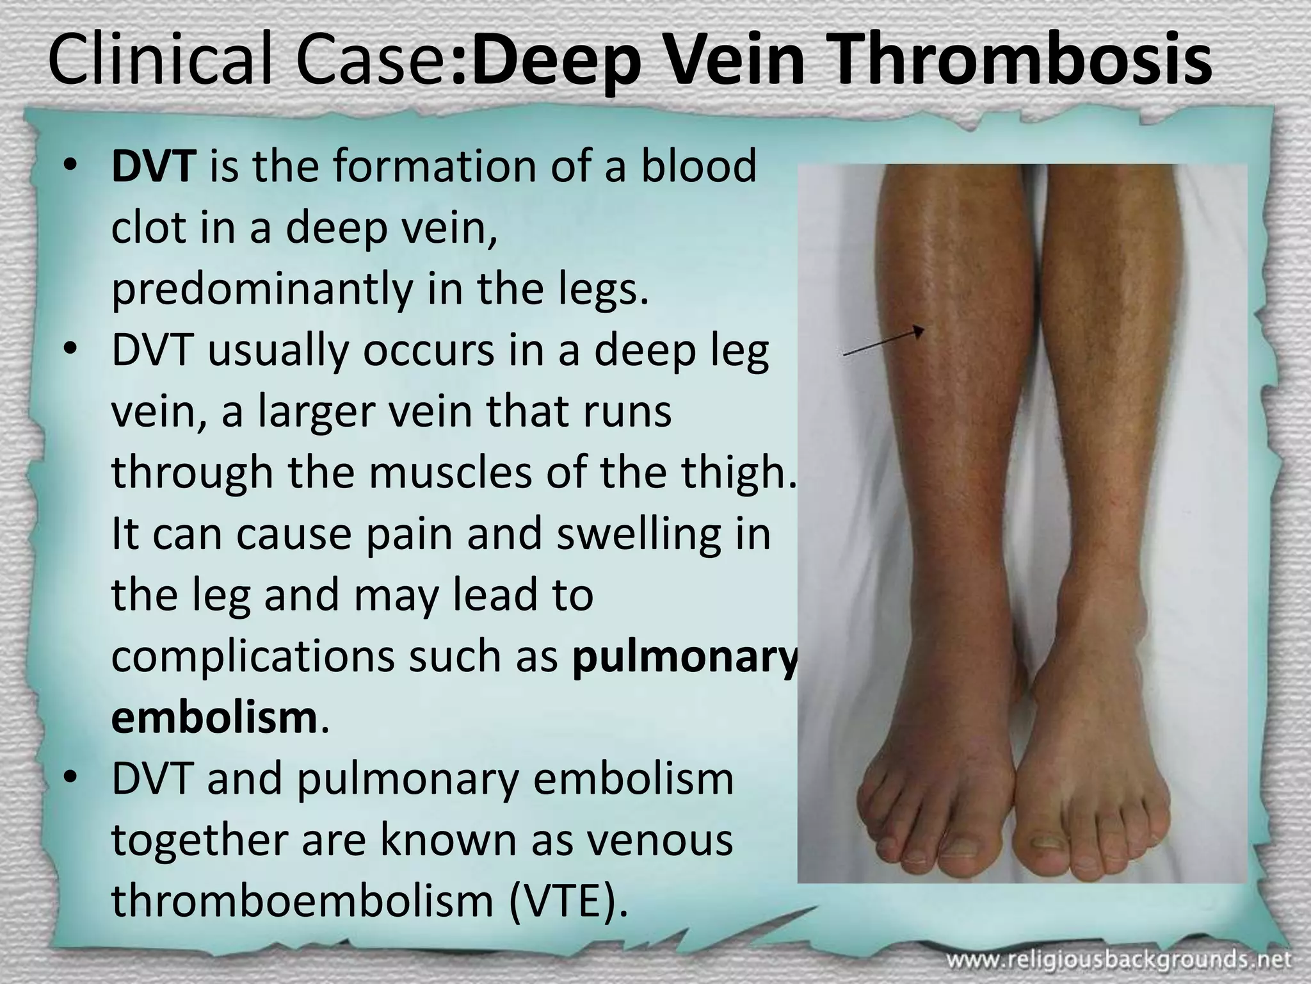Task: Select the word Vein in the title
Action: point(727,61)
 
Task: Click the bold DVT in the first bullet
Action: point(152,167)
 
